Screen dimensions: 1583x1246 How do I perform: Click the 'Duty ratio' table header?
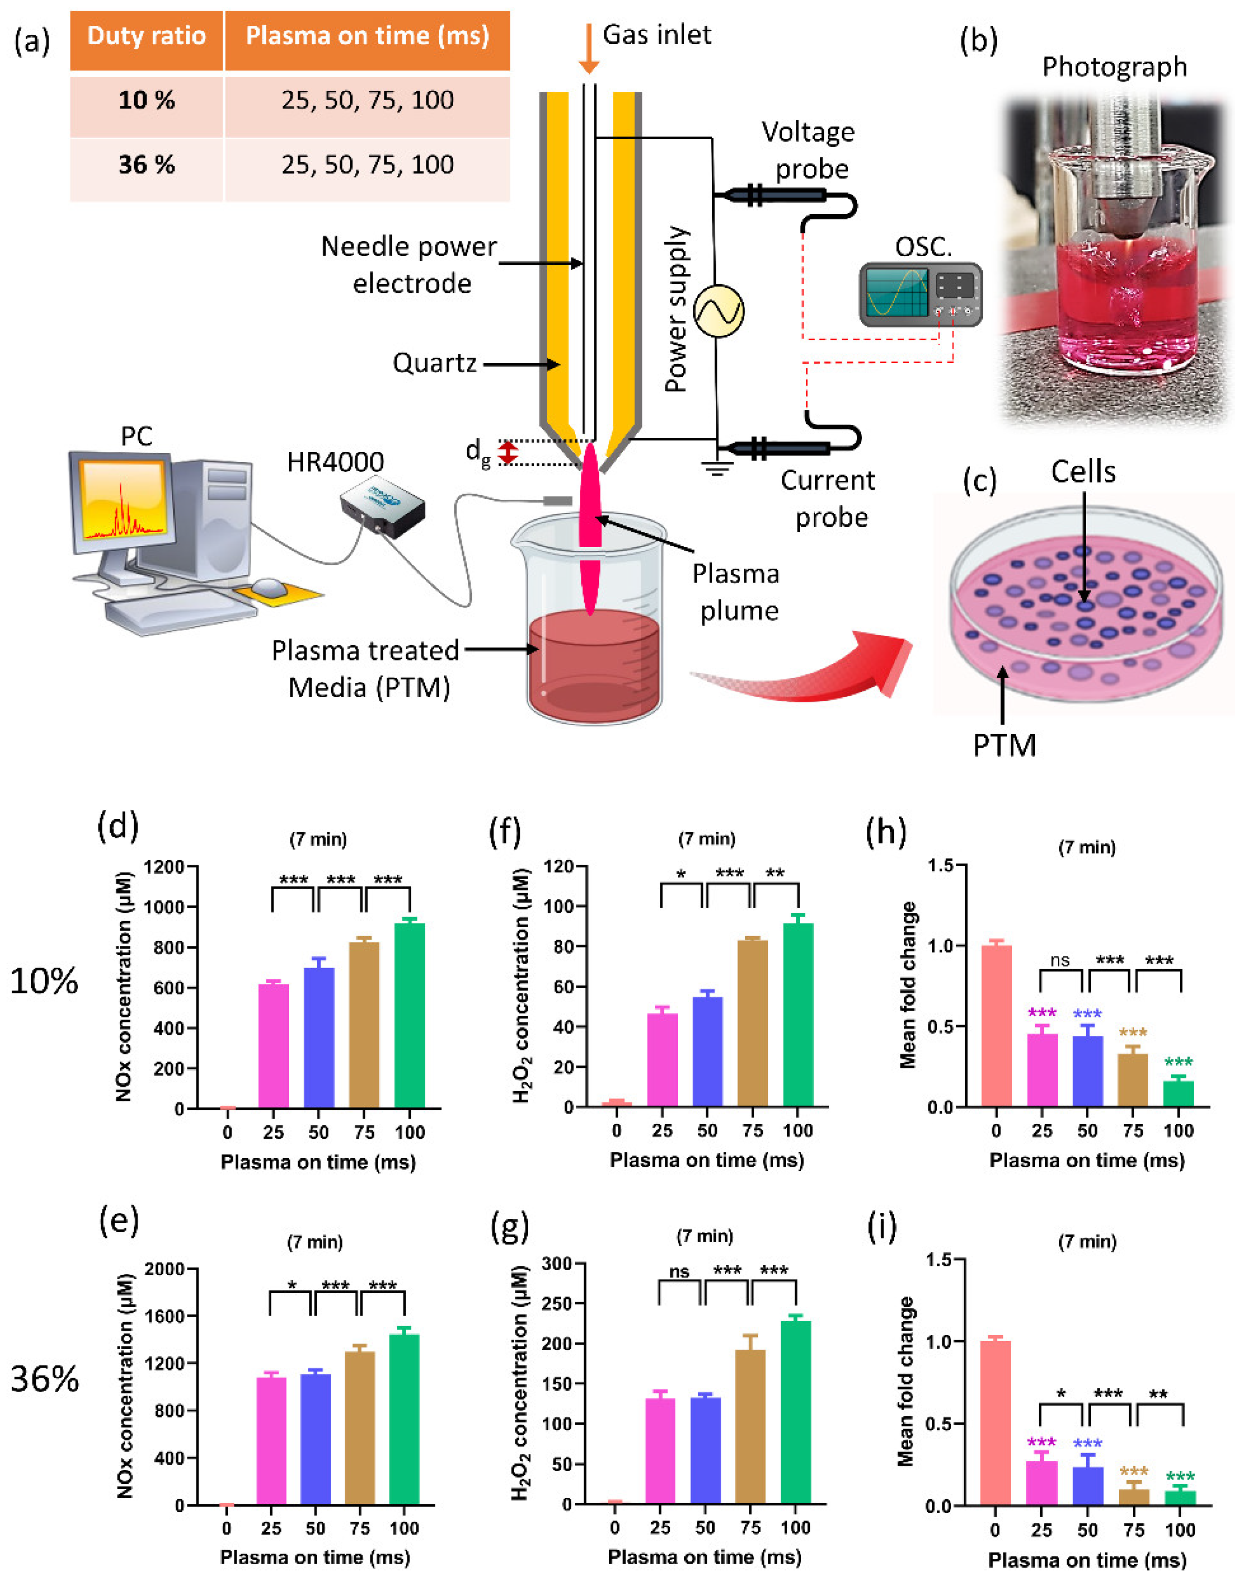tap(147, 36)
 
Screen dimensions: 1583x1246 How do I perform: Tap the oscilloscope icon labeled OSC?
tap(920, 293)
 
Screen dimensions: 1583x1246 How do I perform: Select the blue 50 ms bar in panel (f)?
tap(707, 1051)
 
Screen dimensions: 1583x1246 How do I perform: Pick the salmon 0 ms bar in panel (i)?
tap(995, 1422)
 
